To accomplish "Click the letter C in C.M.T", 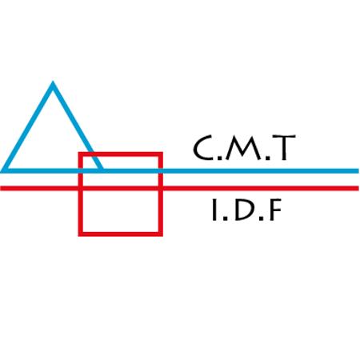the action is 203,148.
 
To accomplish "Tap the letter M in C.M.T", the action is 244,148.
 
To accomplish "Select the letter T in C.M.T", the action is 284,148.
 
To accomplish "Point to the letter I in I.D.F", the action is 214,210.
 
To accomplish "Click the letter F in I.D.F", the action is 276,210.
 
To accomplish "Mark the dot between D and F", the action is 262,218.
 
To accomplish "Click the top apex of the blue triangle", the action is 53,82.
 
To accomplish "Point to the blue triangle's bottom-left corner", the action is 2,170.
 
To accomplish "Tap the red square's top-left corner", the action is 80,154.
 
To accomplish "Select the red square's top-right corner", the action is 161,154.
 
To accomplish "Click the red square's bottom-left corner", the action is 80,234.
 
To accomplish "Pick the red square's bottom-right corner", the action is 161,234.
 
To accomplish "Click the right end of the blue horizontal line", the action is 358,170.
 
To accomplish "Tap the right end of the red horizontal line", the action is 358,188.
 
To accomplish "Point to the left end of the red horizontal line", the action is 1,188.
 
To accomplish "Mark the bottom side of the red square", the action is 121,234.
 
